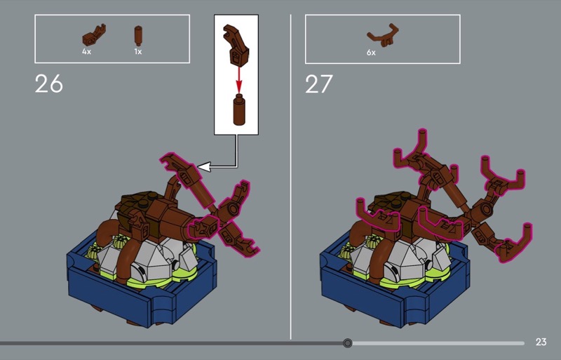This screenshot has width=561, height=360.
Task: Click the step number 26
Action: [48, 84]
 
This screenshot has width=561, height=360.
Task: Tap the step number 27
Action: [319, 84]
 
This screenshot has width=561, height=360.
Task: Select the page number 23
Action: [541, 342]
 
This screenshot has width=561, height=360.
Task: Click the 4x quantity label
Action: [86, 52]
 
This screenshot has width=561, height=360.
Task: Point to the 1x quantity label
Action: [138, 52]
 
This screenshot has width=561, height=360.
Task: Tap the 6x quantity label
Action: [371, 53]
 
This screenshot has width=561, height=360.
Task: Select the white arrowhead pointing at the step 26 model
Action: [203, 166]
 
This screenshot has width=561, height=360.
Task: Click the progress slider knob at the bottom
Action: [347, 342]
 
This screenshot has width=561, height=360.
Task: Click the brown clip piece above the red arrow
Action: [236, 45]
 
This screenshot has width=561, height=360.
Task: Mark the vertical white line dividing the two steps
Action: [290, 177]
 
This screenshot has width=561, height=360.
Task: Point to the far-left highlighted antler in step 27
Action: [377, 217]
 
